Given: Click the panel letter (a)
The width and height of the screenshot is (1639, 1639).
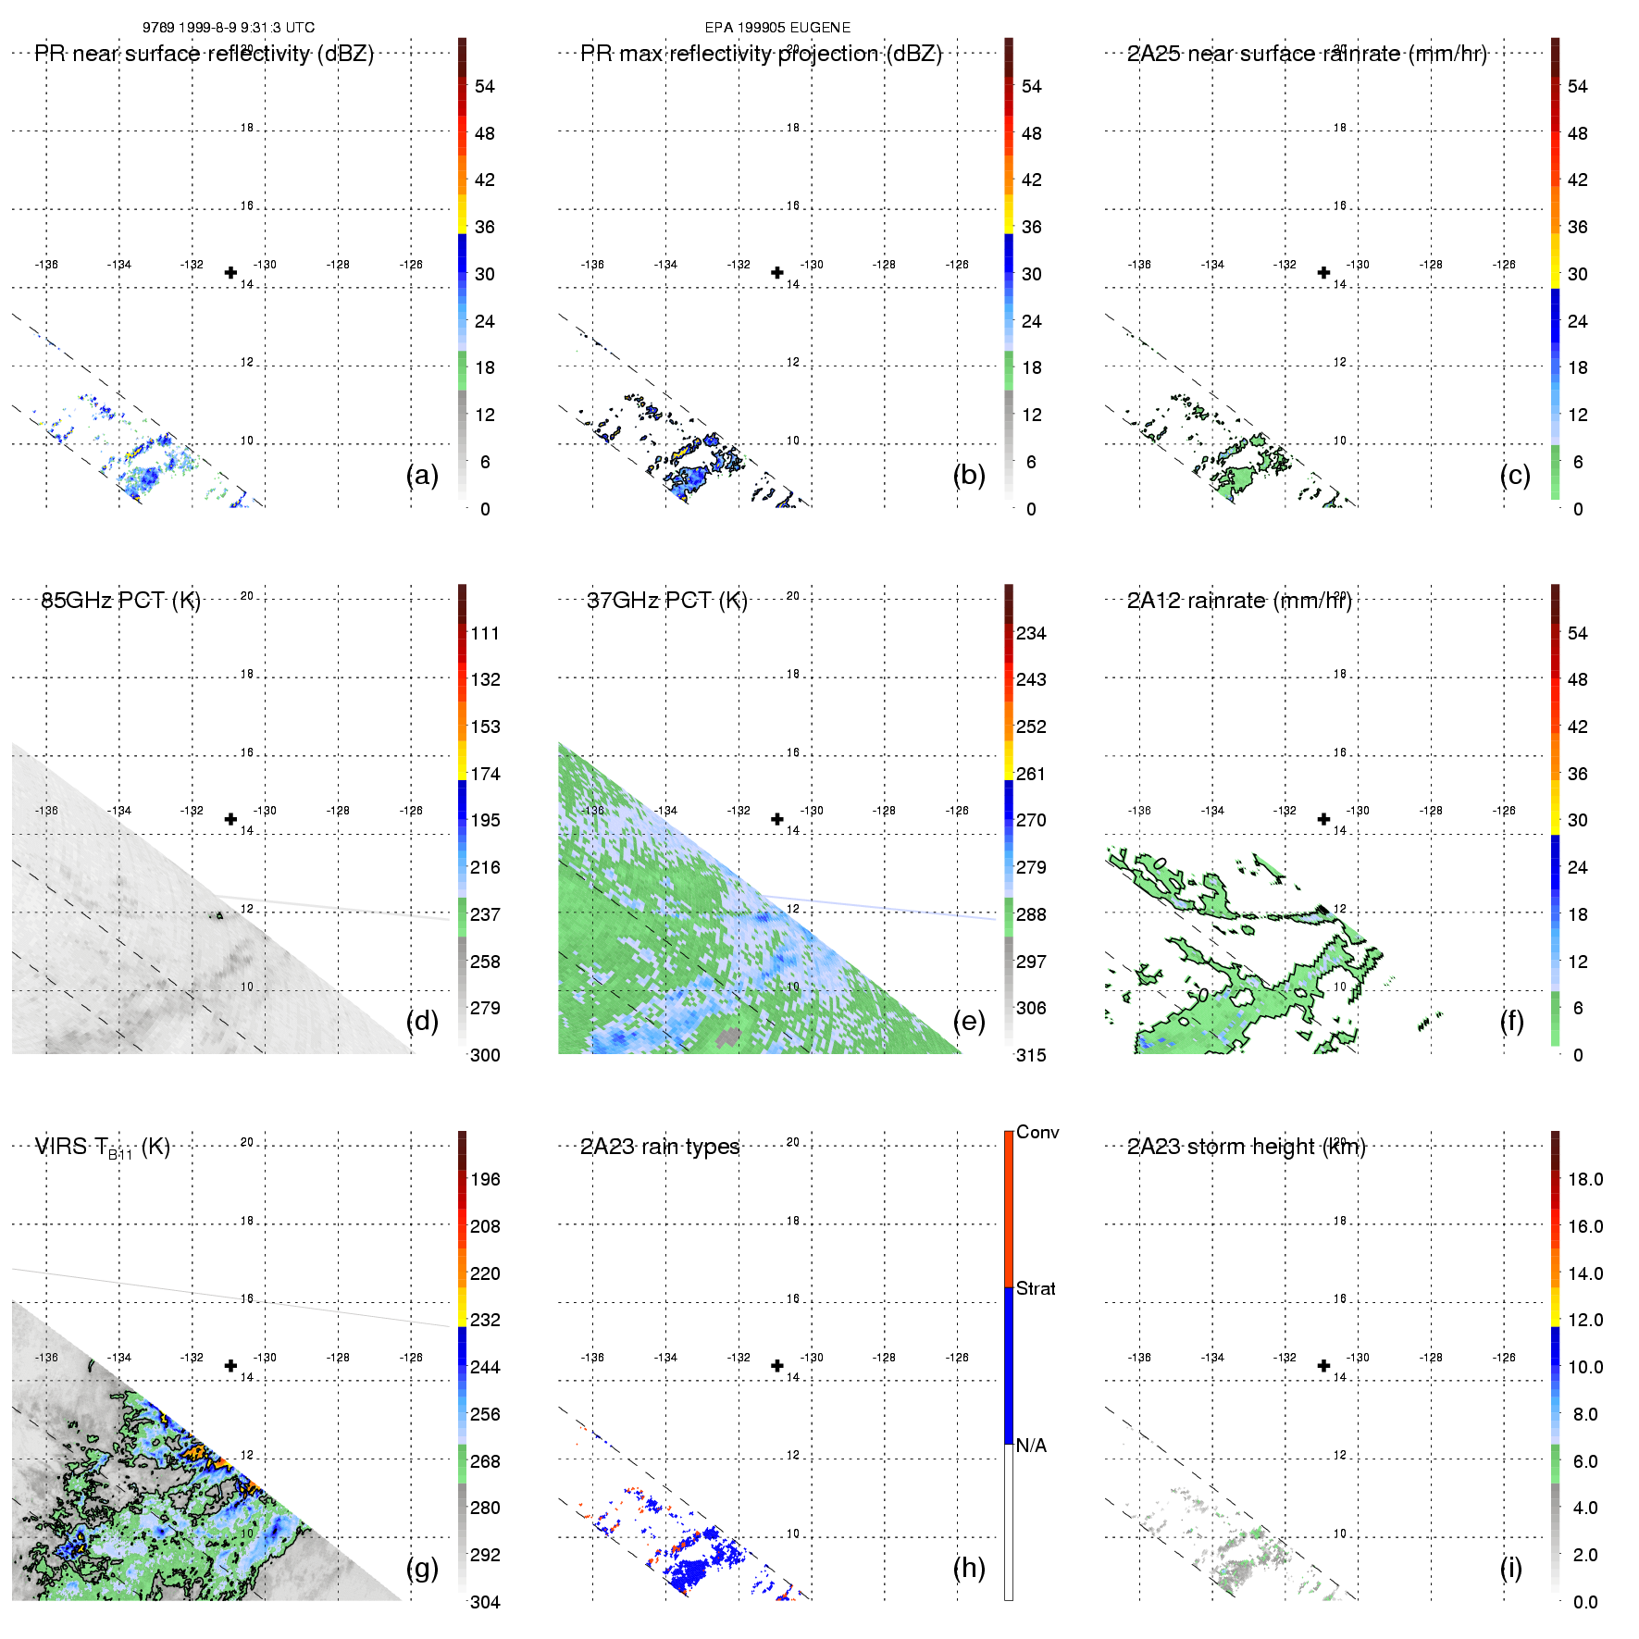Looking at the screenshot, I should coord(422,475).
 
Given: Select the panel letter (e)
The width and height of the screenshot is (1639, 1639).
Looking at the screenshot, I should coord(968,1021).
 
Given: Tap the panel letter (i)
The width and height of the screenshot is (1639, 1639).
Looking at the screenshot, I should coord(1510,1568).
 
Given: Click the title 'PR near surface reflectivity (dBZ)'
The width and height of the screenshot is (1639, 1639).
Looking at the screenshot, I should coord(205,54).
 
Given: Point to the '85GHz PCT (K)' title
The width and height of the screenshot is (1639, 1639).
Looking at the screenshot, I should coord(121,601).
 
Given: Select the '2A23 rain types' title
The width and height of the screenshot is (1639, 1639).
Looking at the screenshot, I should coord(660,1147).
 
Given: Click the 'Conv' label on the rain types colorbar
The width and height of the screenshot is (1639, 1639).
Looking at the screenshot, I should coord(1037,1133).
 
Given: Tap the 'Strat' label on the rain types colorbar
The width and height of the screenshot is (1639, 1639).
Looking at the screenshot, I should coord(1036,1288).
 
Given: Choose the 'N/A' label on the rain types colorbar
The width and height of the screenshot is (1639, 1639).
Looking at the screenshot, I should coord(1031,1446).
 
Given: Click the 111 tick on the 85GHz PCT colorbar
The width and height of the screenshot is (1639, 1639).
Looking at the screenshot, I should coord(485,634).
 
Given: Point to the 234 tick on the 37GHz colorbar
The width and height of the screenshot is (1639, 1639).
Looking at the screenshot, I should coord(1031,634).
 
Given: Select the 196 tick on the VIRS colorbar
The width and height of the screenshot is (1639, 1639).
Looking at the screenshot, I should coord(485,1180).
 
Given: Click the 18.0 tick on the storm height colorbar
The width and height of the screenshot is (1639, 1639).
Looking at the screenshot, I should coord(1585,1180).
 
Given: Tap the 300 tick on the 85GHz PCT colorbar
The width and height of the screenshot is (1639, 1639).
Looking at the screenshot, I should coord(485,1055).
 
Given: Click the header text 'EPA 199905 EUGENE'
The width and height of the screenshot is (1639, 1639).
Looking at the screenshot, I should coord(777,28).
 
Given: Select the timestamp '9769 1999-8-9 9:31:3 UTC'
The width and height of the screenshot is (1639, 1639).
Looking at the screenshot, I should coord(229,28).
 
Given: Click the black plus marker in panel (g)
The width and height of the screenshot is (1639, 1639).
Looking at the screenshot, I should coord(230,1366).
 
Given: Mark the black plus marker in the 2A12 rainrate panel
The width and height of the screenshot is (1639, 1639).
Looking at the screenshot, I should coord(1323,819).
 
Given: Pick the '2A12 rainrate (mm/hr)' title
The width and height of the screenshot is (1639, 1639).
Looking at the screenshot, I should coord(1239,601).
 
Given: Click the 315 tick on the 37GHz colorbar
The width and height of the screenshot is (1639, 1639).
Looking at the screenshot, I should coord(1031,1055).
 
